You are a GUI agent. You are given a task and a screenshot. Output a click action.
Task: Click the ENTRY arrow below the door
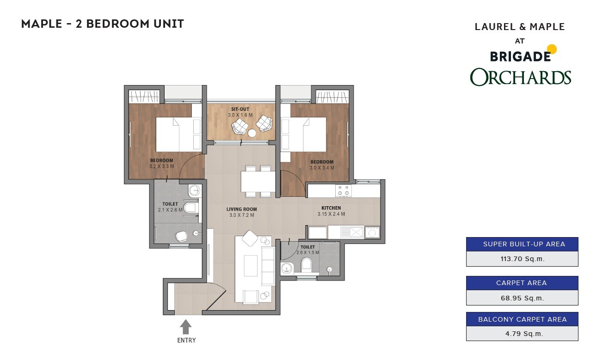pyautogui.click(x=186, y=327)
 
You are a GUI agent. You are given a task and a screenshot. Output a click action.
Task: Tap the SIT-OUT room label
pyautogui.click(x=240, y=109)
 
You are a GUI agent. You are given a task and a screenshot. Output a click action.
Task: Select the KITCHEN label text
pyautogui.click(x=331, y=208)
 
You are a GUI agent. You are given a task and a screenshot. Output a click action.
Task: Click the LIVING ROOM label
pyautogui.click(x=241, y=209)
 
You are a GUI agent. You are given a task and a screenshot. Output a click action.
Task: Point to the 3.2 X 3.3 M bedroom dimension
pyautogui.click(x=161, y=166)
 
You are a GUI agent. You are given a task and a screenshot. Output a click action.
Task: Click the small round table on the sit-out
pyautogui.click(x=252, y=133)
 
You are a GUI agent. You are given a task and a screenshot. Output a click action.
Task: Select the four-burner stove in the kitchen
pyautogui.click(x=343, y=190)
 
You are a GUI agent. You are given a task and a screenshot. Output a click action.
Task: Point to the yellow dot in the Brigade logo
pyautogui.click(x=551, y=49)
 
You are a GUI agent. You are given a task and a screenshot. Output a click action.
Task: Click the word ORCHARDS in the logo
pyautogui.click(x=521, y=77)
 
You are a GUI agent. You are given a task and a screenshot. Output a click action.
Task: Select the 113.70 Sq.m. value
pyautogui.click(x=522, y=259)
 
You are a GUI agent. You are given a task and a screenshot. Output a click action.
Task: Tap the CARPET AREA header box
pyautogui.click(x=522, y=283)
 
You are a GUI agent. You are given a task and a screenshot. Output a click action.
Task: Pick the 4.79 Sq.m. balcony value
pyautogui.click(x=522, y=333)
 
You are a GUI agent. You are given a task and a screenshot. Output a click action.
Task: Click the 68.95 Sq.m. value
pyautogui.click(x=522, y=298)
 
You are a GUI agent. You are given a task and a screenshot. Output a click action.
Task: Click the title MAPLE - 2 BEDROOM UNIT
pyautogui.click(x=103, y=24)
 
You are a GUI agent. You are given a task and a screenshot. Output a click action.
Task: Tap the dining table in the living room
pyautogui.click(x=258, y=181)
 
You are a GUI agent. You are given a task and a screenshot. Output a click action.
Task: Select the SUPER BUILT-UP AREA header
pyautogui.click(x=522, y=244)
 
